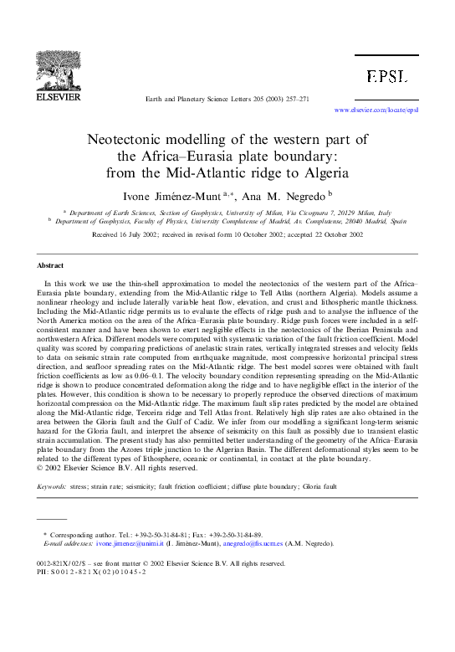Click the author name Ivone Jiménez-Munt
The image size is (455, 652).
tap(187, 198)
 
